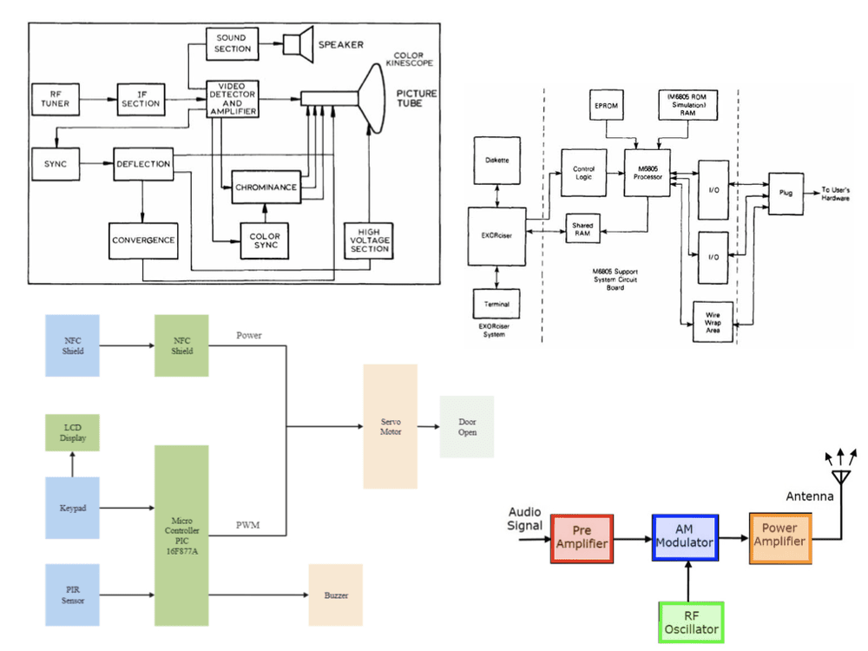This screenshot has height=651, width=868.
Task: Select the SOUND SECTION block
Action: (x=232, y=43)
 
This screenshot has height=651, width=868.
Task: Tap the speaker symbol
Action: (x=299, y=43)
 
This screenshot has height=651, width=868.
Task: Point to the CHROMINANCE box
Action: (x=265, y=187)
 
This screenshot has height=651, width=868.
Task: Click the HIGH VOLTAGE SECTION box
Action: (x=369, y=240)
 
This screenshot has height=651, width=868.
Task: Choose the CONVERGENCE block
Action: (x=143, y=240)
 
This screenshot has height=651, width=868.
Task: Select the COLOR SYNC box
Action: (x=265, y=240)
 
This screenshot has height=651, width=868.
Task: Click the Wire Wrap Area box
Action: (x=713, y=322)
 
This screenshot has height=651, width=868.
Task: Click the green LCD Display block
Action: (x=72, y=432)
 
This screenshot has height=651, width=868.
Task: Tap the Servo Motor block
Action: (x=391, y=425)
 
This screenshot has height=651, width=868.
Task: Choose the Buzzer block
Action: (x=336, y=595)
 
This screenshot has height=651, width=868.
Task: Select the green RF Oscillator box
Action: (x=690, y=622)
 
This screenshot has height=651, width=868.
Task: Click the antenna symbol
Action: (x=839, y=469)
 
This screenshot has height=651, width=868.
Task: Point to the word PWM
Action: (x=248, y=525)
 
